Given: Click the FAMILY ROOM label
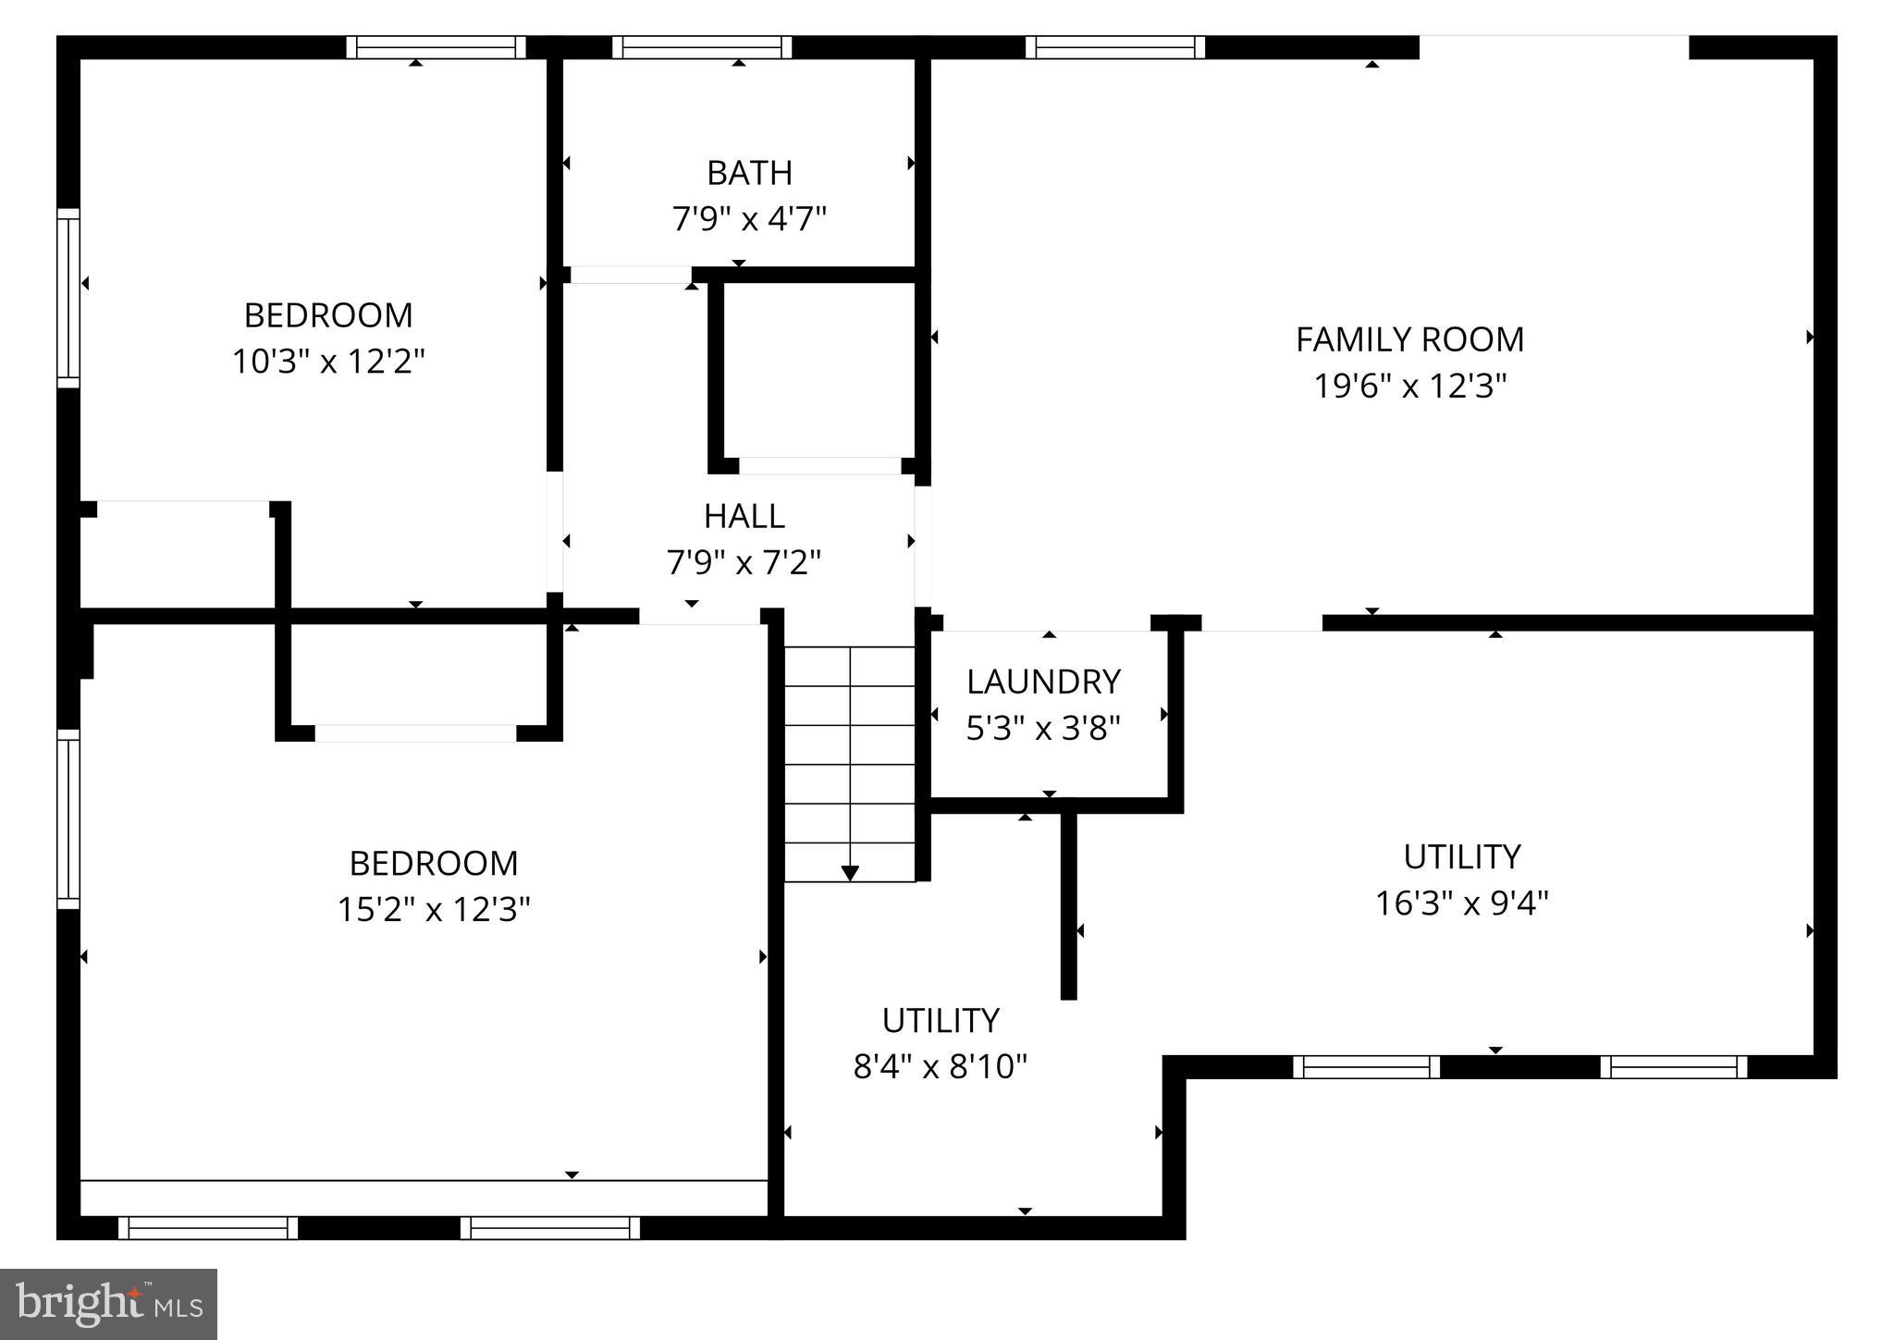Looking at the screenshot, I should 1409,339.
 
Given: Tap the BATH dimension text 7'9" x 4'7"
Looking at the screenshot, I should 748,219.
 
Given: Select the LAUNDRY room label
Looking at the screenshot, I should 1043,682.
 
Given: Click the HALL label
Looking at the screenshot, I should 744,516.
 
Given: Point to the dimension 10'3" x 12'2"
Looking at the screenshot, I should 328,362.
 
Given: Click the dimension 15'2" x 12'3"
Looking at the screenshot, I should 434,909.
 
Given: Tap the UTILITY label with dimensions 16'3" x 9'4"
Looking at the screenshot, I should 1461,857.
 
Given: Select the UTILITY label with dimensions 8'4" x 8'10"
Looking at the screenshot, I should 941,1021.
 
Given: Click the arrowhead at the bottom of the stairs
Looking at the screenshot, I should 850,873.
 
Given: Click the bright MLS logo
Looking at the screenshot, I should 108,1304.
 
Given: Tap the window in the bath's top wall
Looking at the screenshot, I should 702,47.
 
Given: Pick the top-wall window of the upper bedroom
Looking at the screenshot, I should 437,47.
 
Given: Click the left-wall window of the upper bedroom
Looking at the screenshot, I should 68,298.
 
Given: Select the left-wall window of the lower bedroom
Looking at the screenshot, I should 68,818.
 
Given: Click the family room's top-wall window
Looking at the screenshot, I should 1115,47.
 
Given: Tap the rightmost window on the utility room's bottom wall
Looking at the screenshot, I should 1674,1067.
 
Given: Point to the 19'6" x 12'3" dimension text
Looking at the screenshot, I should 1409,386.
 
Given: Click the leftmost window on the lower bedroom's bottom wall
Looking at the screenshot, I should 208,1228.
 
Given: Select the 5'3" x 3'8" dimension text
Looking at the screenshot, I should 1043,729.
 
